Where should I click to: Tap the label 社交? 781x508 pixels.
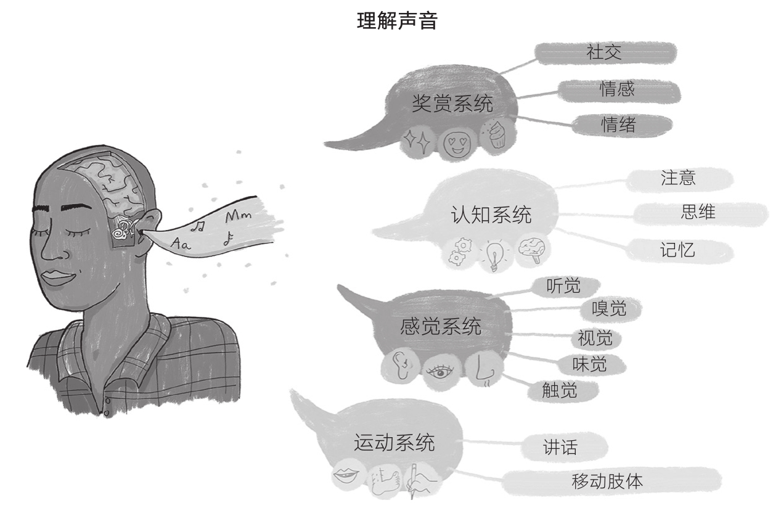[603, 53]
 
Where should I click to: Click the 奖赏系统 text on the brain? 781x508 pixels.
[452, 104]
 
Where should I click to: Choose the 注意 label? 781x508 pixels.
[677, 178]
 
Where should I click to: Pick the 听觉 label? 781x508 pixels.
[563, 286]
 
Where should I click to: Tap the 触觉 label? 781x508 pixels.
[559, 390]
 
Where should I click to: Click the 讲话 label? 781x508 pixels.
[560, 447]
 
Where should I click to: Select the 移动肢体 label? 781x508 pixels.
[607, 481]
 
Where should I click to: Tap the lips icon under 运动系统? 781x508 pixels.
[346, 475]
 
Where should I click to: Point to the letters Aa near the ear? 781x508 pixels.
[181, 244]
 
